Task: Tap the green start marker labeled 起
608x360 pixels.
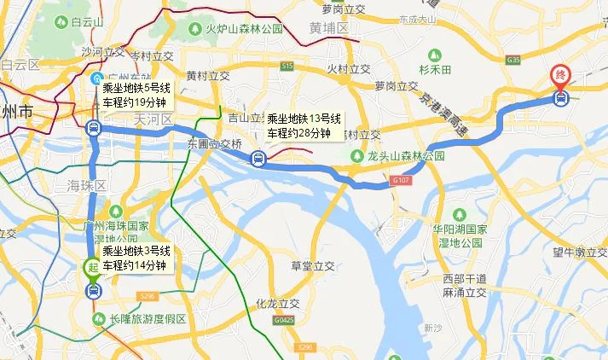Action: tap(92, 267)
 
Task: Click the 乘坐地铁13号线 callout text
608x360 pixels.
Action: tap(304, 119)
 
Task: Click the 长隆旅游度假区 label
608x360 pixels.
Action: tap(147, 319)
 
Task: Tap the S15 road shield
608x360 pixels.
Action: tap(287, 66)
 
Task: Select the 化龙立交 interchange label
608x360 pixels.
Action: tap(278, 304)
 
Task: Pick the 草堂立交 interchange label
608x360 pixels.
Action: tap(312, 265)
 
